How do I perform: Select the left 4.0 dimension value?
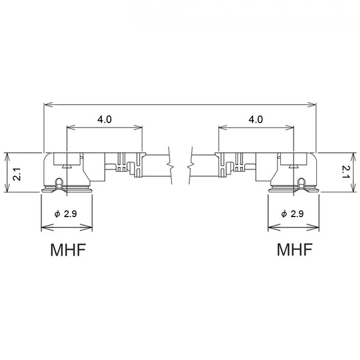105,119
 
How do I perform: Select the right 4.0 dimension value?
255,119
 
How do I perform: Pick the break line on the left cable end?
173,163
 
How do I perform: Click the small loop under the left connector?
60,182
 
